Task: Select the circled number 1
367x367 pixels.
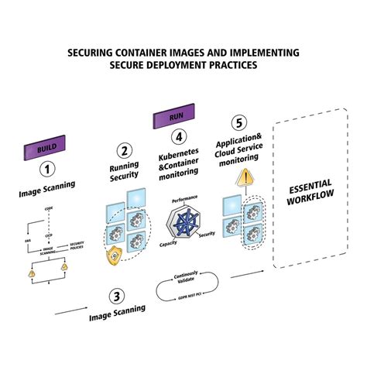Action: click(x=48, y=168)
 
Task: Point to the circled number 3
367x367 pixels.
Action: click(x=115, y=294)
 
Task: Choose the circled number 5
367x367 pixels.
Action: click(x=239, y=122)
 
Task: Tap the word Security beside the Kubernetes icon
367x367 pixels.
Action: click(x=207, y=234)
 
